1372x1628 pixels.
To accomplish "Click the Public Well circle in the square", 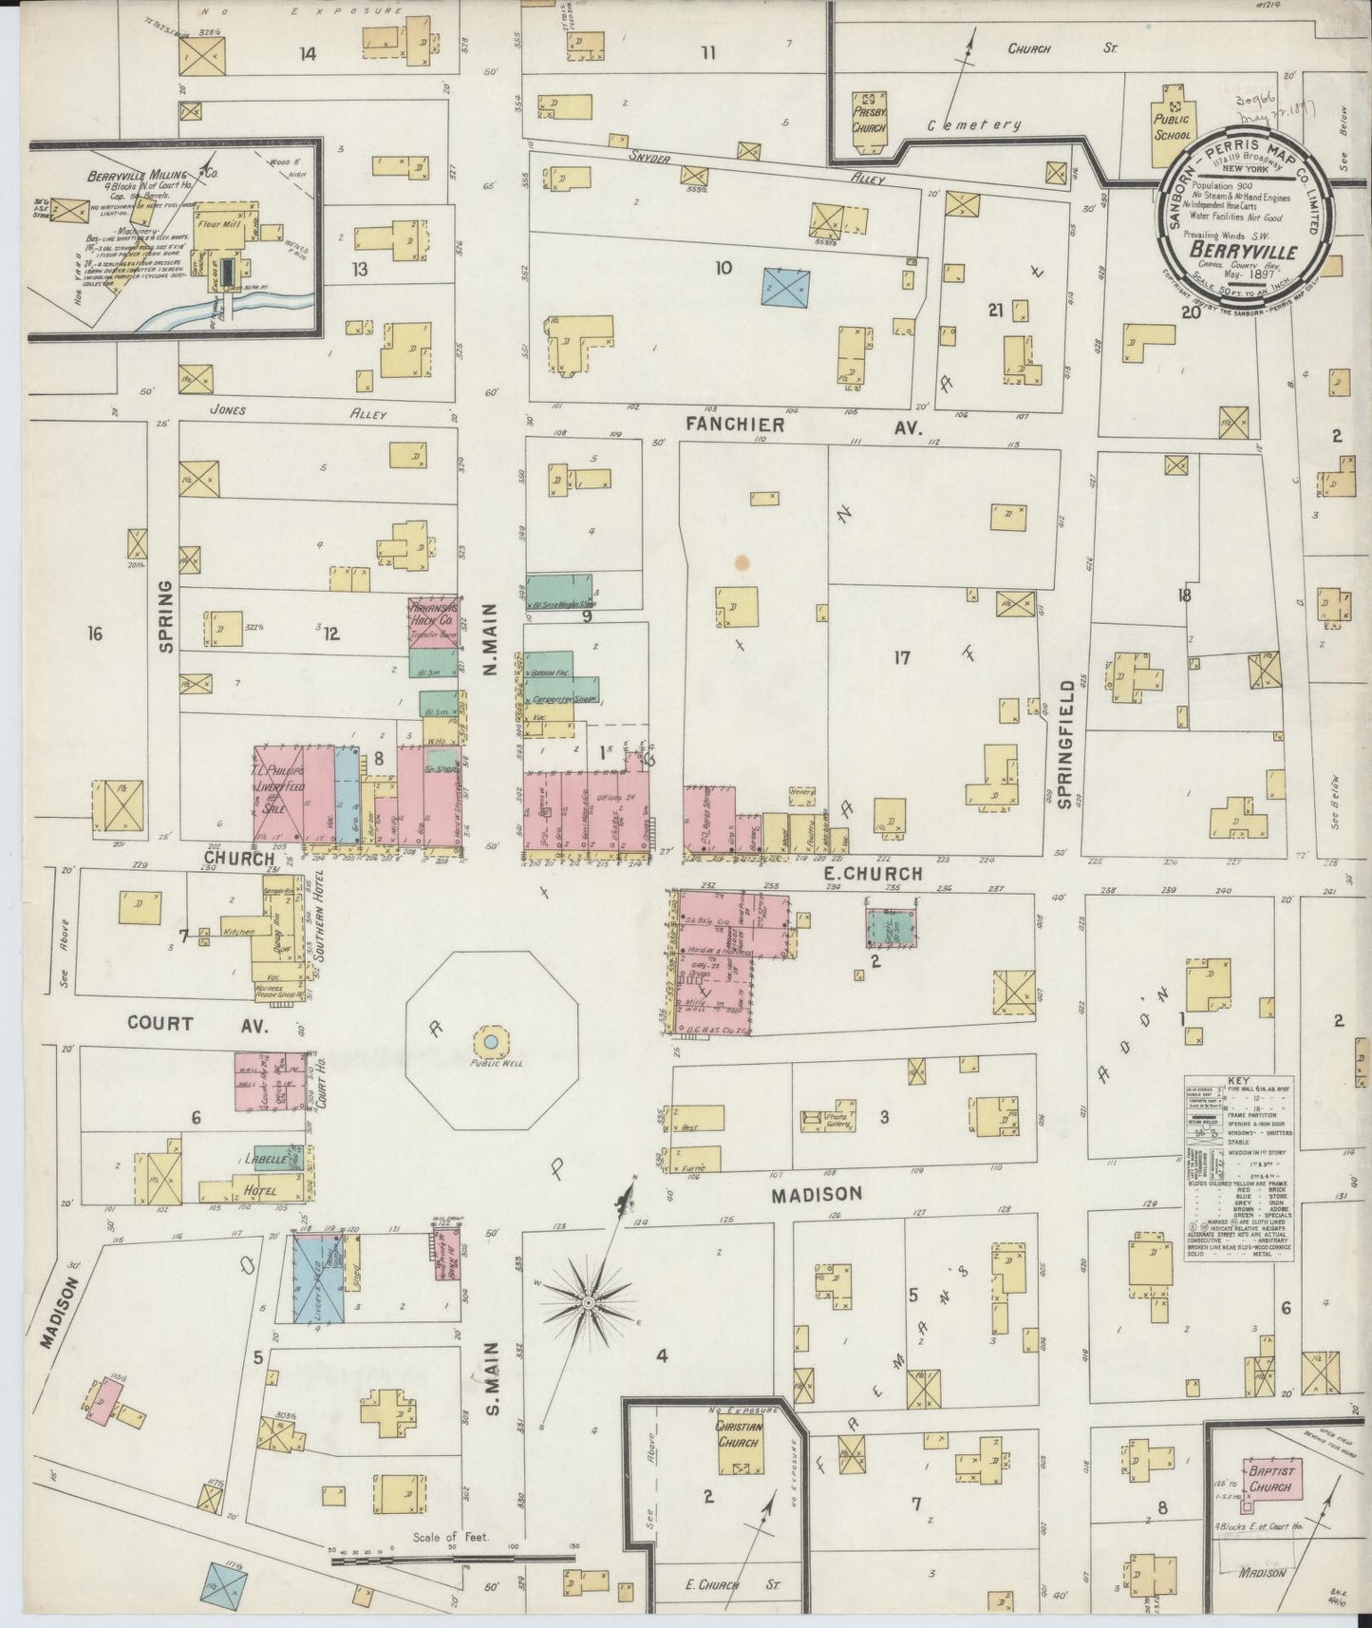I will [491, 1042].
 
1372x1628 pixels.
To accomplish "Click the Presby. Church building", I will [867, 123].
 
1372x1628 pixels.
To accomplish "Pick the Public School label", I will [1172, 126].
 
